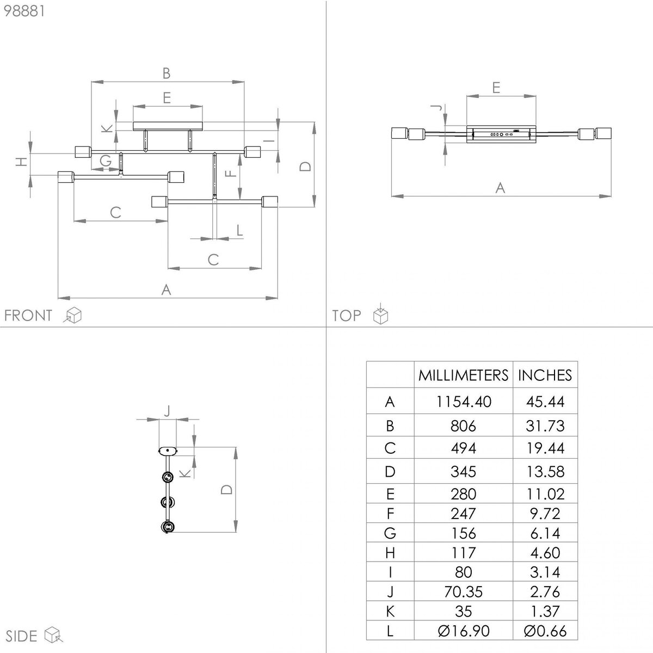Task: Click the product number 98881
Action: click(x=24, y=11)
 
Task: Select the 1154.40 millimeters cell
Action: click(x=463, y=402)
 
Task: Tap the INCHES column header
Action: click(x=545, y=375)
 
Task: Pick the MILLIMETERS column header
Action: click(x=463, y=375)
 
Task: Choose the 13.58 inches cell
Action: click(x=545, y=471)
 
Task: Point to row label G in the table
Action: click(x=390, y=533)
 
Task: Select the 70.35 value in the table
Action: click(x=463, y=592)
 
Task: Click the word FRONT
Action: click(x=28, y=316)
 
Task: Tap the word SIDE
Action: click(x=21, y=636)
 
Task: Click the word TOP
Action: click(x=346, y=316)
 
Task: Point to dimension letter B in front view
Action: click(x=167, y=73)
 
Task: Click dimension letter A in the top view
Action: click(x=500, y=187)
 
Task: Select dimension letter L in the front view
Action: click(x=239, y=230)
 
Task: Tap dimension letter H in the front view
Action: click(x=21, y=162)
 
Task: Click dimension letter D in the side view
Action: click(x=226, y=489)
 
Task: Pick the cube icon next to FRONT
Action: click(x=72, y=315)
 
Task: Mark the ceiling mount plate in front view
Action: click(x=168, y=126)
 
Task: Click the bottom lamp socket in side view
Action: click(x=168, y=527)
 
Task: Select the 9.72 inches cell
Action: click(x=545, y=513)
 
